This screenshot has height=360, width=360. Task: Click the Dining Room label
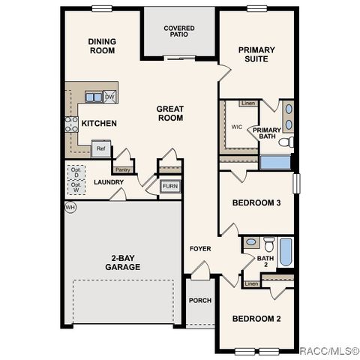pyautogui.click(x=101, y=46)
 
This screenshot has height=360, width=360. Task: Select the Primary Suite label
pyautogui.click(x=256, y=55)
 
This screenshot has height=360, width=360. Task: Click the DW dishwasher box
pyautogui.click(x=109, y=97)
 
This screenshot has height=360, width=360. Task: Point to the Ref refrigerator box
pyautogui.click(x=100, y=148)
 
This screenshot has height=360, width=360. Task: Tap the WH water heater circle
pyautogui.click(x=70, y=207)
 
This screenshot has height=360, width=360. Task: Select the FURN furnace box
pyautogui.click(x=170, y=186)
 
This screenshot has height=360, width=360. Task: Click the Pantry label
pyautogui.click(x=122, y=169)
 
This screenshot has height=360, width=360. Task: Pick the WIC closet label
pyautogui.click(x=237, y=127)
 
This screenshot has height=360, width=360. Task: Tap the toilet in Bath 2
pyautogui.click(x=251, y=243)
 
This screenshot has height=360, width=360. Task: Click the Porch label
pyautogui.click(x=199, y=301)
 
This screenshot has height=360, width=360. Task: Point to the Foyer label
pyautogui.click(x=200, y=248)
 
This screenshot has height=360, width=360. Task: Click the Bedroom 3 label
pyautogui.click(x=256, y=203)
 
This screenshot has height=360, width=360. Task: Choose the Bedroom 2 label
pyautogui.click(x=256, y=319)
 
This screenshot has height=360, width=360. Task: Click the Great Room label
pyautogui.click(x=170, y=113)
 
